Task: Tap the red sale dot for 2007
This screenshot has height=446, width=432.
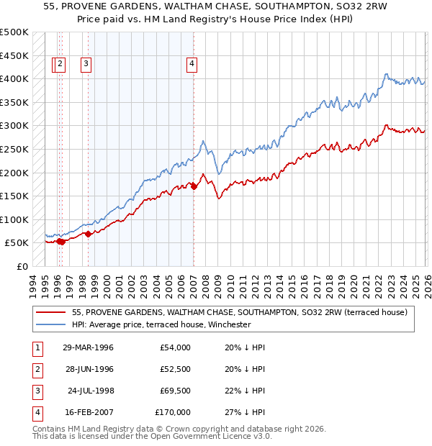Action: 194,186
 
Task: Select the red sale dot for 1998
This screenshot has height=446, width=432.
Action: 88,233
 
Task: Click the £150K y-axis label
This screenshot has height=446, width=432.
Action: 15,196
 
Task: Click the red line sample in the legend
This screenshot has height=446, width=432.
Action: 51,312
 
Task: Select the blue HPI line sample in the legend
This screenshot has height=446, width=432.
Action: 51,324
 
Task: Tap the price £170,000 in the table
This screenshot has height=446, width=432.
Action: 173,413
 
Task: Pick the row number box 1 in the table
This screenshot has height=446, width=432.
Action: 36,347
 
